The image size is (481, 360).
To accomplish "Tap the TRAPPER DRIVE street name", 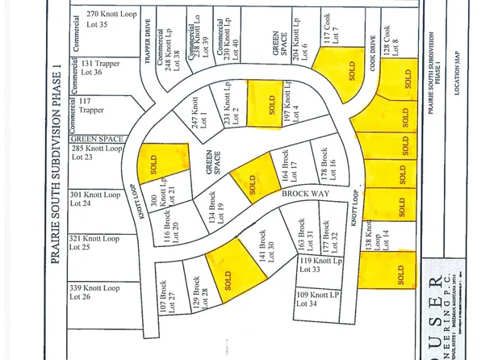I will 148,57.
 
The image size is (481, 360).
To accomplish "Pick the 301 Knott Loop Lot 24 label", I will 96,199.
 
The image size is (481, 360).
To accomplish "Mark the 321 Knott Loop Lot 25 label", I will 96,244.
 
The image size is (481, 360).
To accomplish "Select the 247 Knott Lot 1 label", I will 199,105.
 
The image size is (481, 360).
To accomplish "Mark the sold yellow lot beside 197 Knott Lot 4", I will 264,104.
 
